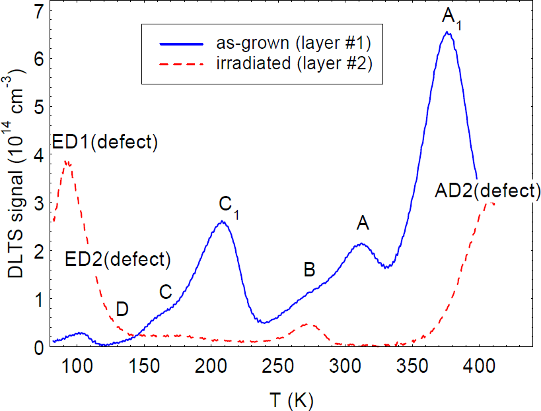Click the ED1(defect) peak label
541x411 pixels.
tap(105, 142)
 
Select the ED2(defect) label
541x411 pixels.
tap(118, 259)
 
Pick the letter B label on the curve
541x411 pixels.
tap(309, 269)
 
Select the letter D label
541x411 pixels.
tap(122, 308)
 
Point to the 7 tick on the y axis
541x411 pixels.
tap(39, 11)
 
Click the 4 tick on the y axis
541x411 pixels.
tap(39, 154)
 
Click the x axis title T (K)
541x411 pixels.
tap(292, 398)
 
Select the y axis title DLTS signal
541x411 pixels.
tap(15, 178)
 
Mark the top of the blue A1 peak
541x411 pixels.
tap(447, 32)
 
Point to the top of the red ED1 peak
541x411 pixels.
tap(66, 160)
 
